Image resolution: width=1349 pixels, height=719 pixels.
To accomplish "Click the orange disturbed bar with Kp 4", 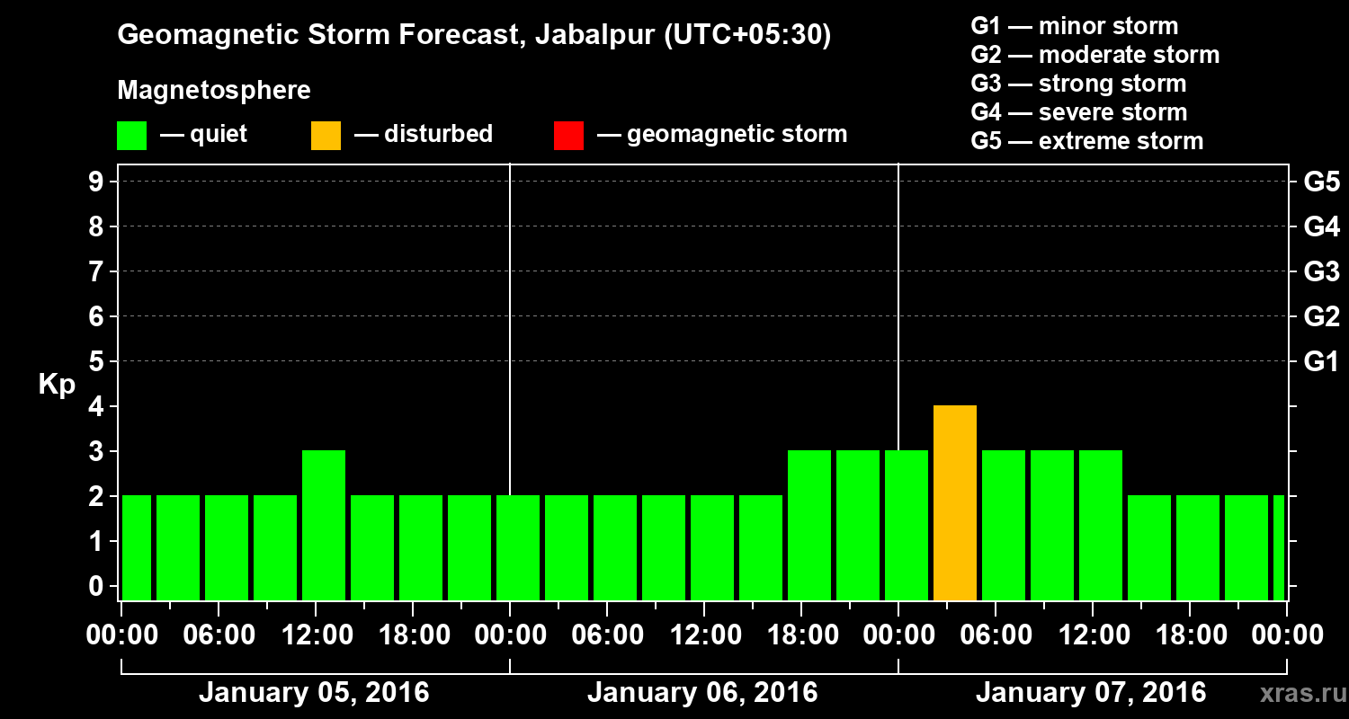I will tap(955, 503).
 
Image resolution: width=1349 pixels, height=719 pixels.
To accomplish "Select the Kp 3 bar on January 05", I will tap(324, 525).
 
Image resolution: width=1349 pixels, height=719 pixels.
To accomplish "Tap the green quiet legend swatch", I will tap(131, 135).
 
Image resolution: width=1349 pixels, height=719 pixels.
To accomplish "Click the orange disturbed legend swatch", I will tap(326, 135).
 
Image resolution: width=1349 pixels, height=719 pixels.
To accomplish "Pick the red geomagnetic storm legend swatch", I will tap(569, 135).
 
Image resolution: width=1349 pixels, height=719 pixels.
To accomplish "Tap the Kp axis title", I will tap(57, 385).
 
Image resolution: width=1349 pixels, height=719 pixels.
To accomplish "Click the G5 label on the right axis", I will tap(1321, 182).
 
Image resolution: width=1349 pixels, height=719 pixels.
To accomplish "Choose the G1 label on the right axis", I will tap(1321, 361).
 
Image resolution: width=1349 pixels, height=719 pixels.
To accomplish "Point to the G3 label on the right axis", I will tap(1321, 271).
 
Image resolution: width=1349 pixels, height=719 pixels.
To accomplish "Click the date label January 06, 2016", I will tap(702, 693).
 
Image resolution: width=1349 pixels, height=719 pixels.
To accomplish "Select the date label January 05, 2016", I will tap(314, 693).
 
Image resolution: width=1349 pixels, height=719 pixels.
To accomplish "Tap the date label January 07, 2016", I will tap(1091, 693).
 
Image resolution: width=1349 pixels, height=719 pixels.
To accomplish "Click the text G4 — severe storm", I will tap(1079, 112).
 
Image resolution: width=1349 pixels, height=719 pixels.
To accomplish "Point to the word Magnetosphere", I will tap(214, 91).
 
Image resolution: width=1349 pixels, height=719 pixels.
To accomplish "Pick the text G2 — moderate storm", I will tap(1095, 55).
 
